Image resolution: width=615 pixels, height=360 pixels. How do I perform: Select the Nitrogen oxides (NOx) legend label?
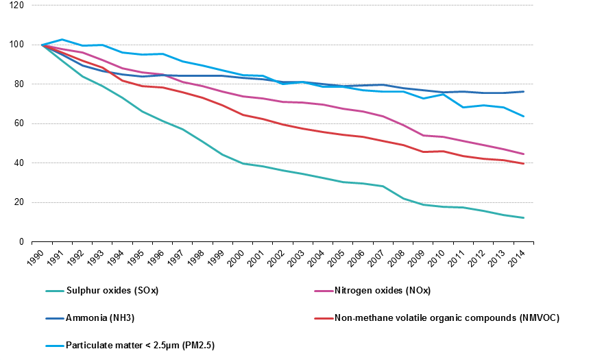382,290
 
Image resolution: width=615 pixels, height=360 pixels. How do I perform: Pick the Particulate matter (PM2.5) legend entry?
140,345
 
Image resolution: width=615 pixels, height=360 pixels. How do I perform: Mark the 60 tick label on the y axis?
20,124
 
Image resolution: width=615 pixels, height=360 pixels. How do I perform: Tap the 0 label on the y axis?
22,242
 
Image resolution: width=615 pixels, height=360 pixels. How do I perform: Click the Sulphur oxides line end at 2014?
524,218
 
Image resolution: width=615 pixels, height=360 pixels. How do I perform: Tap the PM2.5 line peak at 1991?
62,40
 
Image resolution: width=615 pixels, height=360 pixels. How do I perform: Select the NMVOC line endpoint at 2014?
524,164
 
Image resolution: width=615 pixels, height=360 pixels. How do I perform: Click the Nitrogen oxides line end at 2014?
524,154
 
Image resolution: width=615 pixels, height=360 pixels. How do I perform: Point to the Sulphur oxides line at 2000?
243,164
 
